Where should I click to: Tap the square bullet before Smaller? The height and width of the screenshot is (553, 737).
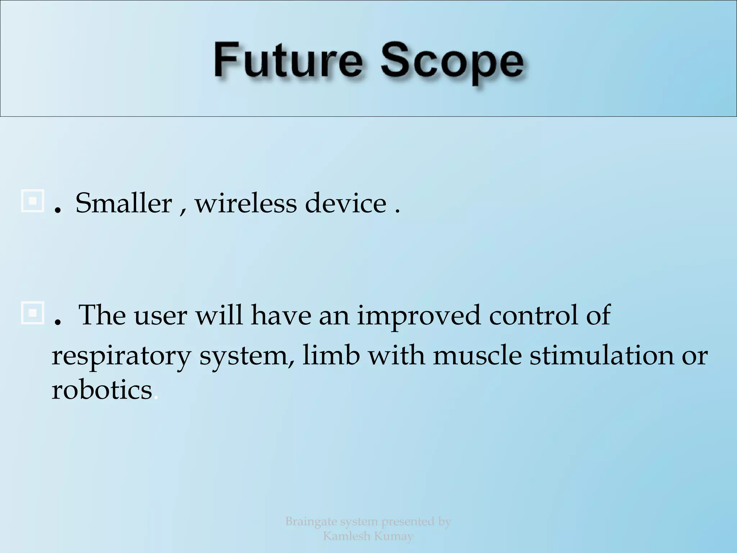(x=32, y=201)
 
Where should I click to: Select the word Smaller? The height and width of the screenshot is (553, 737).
(x=124, y=203)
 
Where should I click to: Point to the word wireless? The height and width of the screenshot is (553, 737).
(x=246, y=203)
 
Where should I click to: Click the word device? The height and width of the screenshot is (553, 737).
(x=346, y=203)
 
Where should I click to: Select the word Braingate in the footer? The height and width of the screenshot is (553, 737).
(x=311, y=521)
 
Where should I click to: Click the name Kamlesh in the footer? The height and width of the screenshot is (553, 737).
(x=346, y=536)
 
